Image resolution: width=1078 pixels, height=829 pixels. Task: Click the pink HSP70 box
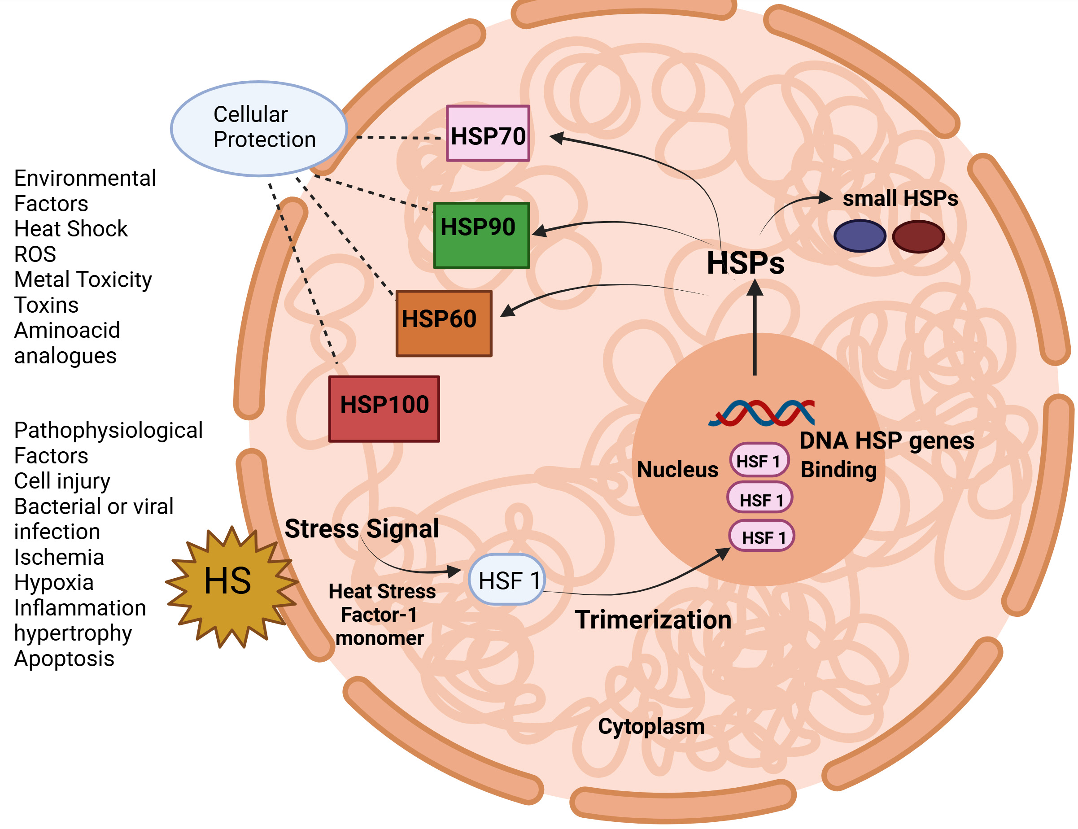click(488, 133)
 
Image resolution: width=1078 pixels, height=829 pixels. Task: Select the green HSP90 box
click(481, 236)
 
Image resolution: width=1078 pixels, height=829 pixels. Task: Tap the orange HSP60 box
click(444, 323)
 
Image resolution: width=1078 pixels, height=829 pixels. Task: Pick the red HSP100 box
click(384, 409)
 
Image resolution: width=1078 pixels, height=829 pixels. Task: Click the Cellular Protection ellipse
click(258, 128)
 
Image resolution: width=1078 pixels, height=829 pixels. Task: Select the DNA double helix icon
click(761, 413)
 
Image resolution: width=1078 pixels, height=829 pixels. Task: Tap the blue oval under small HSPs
click(859, 236)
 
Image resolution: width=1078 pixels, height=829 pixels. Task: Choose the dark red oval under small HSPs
click(918, 236)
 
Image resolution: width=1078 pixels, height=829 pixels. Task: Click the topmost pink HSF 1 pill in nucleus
click(758, 459)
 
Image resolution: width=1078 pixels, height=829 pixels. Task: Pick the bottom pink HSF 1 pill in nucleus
click(761, 536)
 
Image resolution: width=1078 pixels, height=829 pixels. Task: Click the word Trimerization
click(653, 620)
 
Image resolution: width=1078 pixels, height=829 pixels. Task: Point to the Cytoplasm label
click(651, 726)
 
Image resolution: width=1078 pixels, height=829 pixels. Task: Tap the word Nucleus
click(677, 469)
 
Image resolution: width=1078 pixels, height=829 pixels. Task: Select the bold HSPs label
click(745, 263)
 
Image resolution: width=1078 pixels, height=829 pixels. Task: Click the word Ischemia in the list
click(59, 557)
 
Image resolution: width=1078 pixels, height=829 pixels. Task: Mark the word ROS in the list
click(35, 254)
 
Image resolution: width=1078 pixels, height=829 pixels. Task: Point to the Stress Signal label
click(362, 528)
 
